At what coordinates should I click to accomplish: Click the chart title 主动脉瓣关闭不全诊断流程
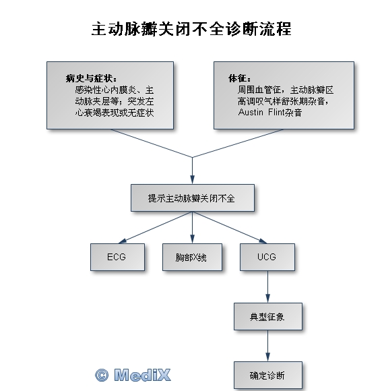pos(191,29)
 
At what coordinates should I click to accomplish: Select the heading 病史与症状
pos(90,79)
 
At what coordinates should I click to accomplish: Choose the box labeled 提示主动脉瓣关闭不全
pos(193,198)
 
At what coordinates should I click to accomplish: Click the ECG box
pos(117,257)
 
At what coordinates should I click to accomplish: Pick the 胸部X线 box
pos(192,257)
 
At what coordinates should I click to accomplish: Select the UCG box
pos(267,257)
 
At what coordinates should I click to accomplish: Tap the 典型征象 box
pos(268,316)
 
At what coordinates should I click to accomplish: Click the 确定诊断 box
pos(268,375)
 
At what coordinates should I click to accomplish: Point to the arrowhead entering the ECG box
pos(123,241)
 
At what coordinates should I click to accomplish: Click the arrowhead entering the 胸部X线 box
pos(192,239)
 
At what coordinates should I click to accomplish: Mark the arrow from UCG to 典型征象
pos(268,287)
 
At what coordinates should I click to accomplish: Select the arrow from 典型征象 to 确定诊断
pos(268,346)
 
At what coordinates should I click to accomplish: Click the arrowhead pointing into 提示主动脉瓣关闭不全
pos(192,180)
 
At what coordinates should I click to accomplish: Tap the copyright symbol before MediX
pos(102,375)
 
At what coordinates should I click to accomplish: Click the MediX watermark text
pos(142,375)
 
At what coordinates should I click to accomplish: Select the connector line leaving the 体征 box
pos(238,143)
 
